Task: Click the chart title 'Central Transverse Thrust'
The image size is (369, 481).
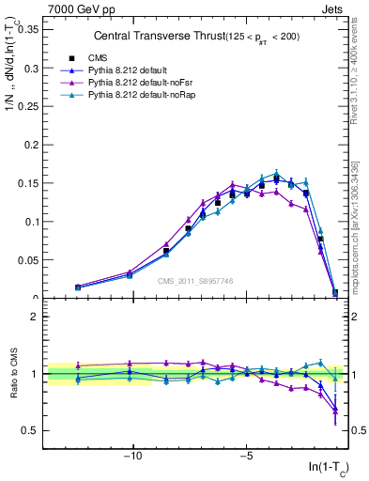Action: pyautogui.click(x=154, y=36)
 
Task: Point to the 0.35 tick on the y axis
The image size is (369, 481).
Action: pyautogui.click(x=28, y=30)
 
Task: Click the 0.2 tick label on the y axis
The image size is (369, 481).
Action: pyautogui.click(x=32, y=145)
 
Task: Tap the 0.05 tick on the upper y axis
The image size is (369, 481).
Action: pyautogui.click(x=28, y=260)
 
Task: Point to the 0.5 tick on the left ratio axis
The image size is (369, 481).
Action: pyautogui.click(x=30, y=430)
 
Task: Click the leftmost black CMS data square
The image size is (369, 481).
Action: pyautogui.click(x=78, y=287)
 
